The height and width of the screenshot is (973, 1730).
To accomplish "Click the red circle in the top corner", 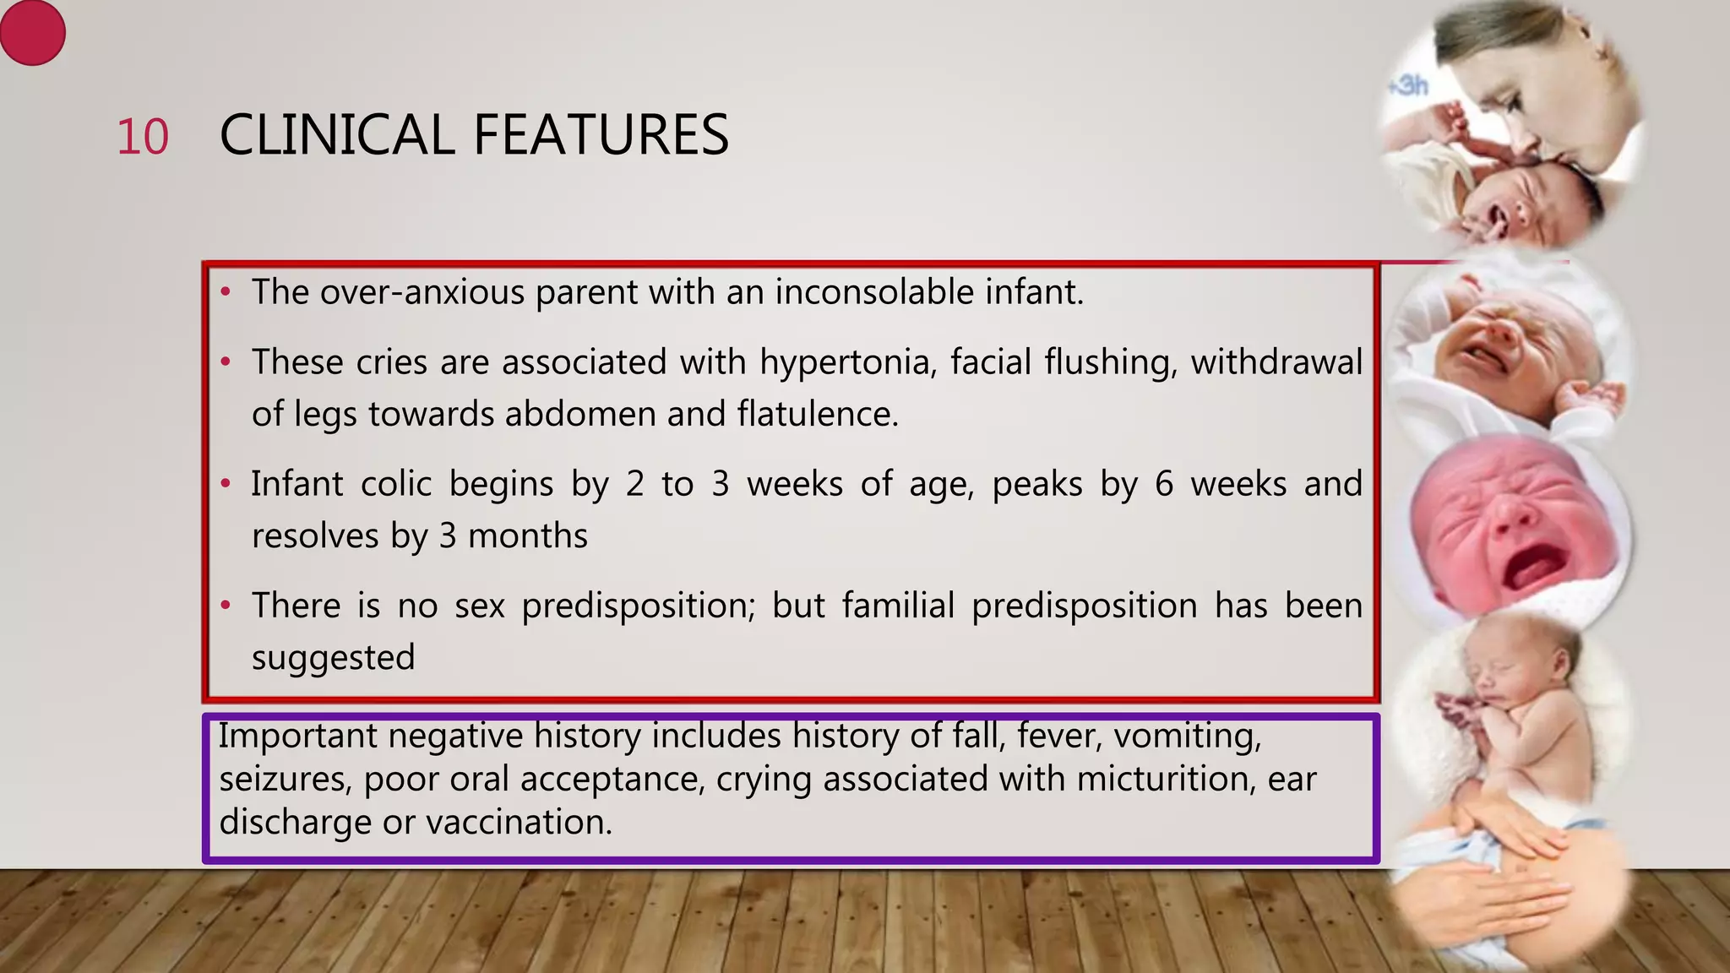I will point(32,33).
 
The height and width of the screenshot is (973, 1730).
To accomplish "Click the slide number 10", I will point(142,137).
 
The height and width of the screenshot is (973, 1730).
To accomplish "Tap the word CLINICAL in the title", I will point(336,135).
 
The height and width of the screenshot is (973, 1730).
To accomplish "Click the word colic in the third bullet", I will point(396,485).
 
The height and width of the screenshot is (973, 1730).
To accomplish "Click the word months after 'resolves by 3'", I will point(527,536).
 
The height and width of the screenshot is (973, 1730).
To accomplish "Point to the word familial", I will point(898,606).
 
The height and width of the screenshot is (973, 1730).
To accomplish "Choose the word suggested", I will point(333,658).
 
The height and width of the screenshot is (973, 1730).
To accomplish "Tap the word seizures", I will point(285,779).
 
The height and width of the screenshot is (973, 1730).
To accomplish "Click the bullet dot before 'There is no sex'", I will point(226,606).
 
